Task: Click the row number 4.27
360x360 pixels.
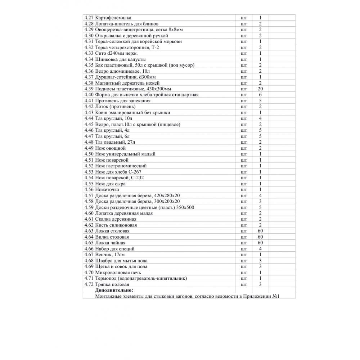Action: click(89, 18)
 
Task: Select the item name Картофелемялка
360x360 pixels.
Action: click(113, 18)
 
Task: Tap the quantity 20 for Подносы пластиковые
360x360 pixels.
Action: click(260, 89)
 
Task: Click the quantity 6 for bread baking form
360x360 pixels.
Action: click(260, 95)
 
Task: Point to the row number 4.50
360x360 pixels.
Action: click(89, 154)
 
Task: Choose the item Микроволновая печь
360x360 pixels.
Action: click(116, 273)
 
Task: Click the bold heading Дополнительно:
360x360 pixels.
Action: click(114, 290)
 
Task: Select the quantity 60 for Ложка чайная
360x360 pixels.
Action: click(260, 243)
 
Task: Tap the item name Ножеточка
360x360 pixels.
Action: click(107, 190)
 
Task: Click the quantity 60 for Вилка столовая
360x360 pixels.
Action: click(260, 237)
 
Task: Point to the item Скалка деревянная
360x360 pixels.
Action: click(116, 219)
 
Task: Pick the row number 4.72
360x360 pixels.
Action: click(89, 284)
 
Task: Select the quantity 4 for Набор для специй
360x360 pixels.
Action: click(260, 249)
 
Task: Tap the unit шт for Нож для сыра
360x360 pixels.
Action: click(244, 184)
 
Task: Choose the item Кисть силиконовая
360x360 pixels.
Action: click(116, 225)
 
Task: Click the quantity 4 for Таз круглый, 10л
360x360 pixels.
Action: click(260, 118)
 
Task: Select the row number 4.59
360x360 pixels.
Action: click(89, 207)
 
